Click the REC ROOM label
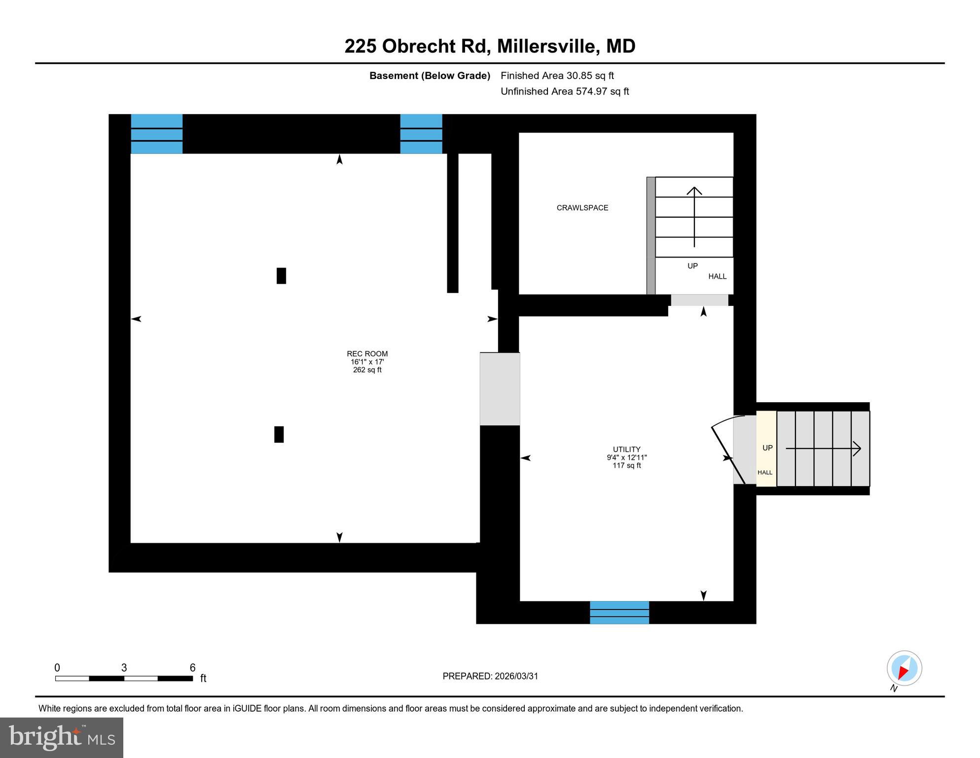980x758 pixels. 367,354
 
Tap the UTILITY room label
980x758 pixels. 626,450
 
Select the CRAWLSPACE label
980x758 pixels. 582,208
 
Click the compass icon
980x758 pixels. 904,668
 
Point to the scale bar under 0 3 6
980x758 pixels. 124,679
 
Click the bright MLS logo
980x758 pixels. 62,737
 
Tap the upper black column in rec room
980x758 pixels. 281,276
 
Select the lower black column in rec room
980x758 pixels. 279,434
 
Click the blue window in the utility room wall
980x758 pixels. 619,612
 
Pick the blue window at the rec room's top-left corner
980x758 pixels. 156,134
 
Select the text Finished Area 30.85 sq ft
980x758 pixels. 557,76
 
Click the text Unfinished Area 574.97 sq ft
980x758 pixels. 564,91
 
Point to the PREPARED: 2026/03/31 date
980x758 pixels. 490,676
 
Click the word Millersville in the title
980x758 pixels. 548,46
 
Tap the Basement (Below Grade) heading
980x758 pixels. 430,76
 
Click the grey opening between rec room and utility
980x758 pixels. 500,389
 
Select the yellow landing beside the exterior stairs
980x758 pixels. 766,449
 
